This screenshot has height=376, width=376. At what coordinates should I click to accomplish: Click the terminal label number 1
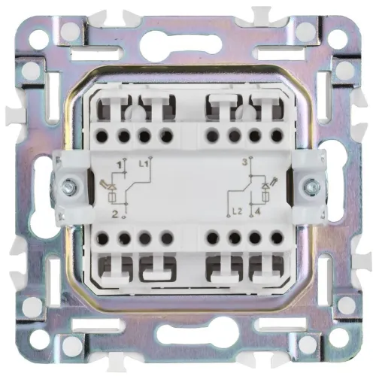(118, 164)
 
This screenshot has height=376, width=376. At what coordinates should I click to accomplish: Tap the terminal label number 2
(115, 214)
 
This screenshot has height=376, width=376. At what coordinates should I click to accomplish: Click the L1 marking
(145, 163)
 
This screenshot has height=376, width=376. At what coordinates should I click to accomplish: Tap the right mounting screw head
(310, 185)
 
